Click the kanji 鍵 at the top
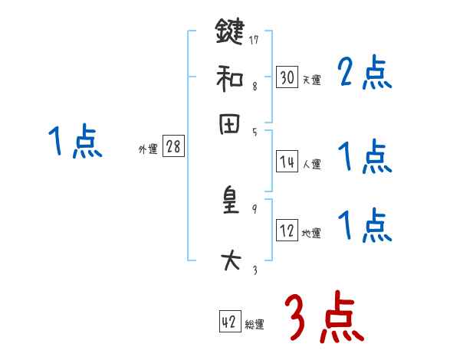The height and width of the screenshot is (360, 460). pos(230,32)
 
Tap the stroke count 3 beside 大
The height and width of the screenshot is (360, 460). pos(254,269)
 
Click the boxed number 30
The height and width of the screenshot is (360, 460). pos(287,77)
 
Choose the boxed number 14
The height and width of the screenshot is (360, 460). pos(287,161)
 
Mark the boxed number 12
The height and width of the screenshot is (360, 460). pos(287,230)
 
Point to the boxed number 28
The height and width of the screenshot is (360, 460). pos(173,147)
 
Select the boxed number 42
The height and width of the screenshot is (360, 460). pos(228,322)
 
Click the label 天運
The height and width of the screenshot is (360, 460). pos(311,80)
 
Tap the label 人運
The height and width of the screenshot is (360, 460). pos(311,164)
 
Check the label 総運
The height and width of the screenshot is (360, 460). pos(255,325)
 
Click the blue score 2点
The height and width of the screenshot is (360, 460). pos(365,74)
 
